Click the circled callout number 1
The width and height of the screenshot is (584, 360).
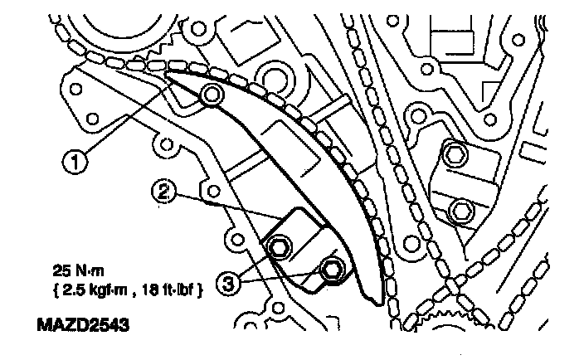(75, 163)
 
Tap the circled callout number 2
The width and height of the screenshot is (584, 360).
(163, 192)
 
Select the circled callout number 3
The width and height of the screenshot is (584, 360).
(227, 284)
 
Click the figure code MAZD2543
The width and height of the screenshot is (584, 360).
(83, 324)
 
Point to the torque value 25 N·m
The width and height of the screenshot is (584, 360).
(78, 270)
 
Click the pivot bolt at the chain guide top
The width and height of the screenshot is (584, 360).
(212, 95)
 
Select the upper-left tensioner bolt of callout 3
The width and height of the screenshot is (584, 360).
(279, 246)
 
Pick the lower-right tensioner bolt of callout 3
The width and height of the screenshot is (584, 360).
(331, 270)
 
